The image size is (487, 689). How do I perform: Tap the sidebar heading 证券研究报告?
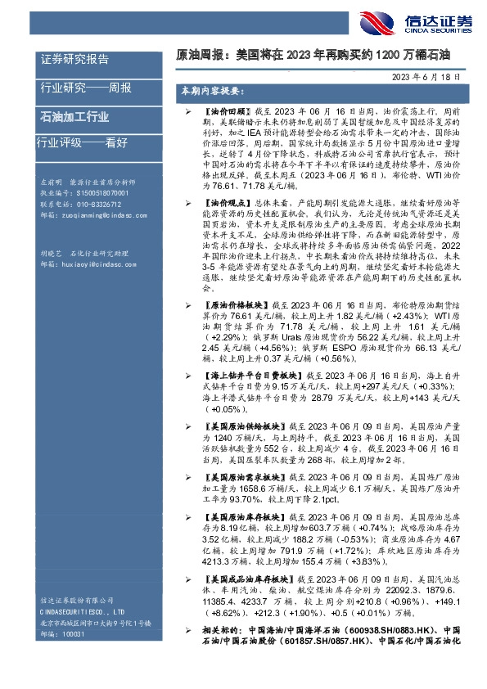click(x=74, y=60)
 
